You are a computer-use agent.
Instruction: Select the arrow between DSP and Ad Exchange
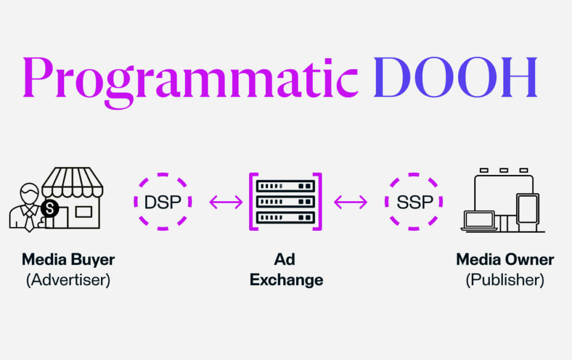(x=226, y=202)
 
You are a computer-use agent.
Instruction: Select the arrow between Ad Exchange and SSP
(x=351, y=202)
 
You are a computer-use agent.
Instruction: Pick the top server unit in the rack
(x=285, y=186)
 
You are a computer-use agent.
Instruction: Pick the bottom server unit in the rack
(x=285, y=217)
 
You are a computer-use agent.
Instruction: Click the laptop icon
(x=479, y=221)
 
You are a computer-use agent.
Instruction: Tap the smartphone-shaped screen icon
(x=527, y=211)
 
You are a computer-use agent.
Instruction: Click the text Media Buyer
(x=68, y=260)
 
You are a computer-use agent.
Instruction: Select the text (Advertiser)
(x=68, y=280)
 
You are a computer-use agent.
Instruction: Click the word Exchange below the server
(x=286, y=280)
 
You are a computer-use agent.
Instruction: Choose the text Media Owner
(x=505, y=260)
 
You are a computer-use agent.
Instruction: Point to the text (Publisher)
(x=505, y=280)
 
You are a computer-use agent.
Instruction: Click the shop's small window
(x=83, y=211)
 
